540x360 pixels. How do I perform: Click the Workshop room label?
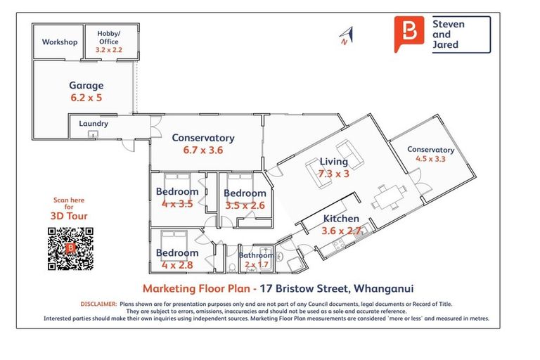[59, 42]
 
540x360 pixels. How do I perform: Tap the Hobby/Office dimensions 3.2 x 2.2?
[108, 51]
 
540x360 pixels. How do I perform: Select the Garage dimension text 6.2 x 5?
[86, 98]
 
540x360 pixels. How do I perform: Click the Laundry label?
[93, 124]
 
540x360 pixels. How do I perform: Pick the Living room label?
[334, 162]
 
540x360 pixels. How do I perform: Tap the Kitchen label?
[341, 219]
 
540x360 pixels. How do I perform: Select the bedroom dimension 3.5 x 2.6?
[245, 205]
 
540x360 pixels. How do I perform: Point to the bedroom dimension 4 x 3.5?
[176, 204]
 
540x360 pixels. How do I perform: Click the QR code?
[70, 248]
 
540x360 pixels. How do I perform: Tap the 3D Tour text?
[69, 217]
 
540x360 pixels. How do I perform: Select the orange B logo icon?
[410, 34]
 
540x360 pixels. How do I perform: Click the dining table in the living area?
[388, 196]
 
